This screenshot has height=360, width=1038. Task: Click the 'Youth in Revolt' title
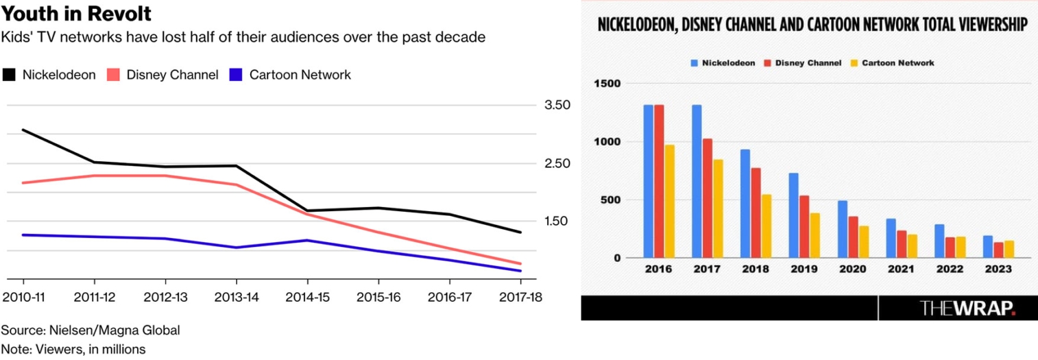coord(77,14)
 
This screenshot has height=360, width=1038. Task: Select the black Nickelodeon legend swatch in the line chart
coord(9,75)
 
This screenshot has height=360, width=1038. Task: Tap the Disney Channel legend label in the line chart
coord(172,75)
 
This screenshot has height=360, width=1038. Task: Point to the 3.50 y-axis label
coord(557,106)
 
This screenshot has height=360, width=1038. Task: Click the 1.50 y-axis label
coord(557,221)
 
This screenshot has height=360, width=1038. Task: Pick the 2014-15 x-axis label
coord(307,298)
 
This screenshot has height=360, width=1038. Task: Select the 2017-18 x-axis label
coord(520,298)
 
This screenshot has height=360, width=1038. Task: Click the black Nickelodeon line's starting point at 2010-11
coord(23,130)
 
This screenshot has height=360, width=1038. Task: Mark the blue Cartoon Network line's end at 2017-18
coord(520,271)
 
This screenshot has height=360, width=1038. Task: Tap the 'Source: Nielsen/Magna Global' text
coord(90,331)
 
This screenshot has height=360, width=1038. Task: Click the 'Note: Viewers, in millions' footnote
coord(73,349)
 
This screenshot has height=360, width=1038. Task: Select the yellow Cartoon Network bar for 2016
coord(670,202)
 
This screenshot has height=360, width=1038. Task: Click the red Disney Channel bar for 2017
coord(708,198)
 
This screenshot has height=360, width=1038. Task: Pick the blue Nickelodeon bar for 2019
coord(793,215)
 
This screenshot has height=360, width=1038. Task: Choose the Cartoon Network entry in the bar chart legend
coord(897,62)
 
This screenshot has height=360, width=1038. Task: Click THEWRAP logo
coord(967,309)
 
